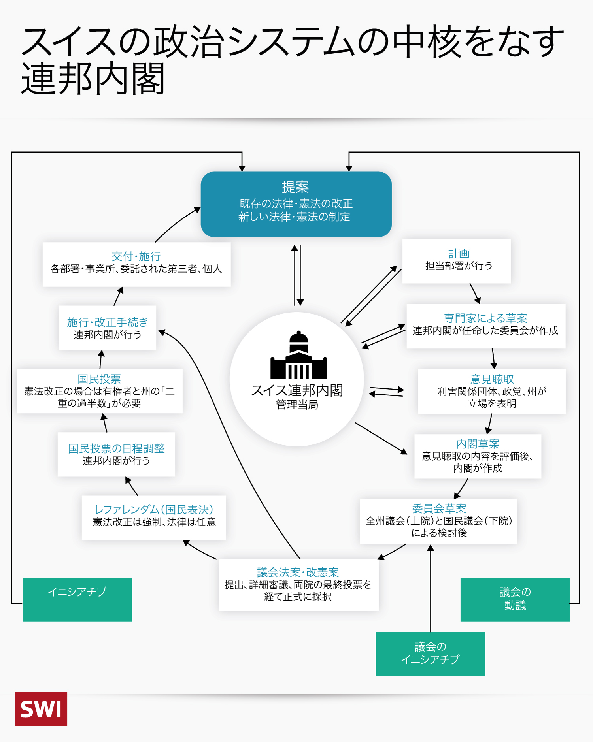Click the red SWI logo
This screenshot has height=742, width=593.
coord(41,709)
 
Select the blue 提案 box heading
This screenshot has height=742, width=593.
coord(295,187)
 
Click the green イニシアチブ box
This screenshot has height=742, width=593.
coord(77,599)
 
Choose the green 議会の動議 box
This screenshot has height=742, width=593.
coord(515,599)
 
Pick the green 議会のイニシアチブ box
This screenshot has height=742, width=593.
coord(430,653)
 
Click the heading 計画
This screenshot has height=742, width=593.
coord(459,253)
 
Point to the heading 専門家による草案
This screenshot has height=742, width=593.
coord(485,318)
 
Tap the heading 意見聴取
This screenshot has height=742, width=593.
coord(492,379)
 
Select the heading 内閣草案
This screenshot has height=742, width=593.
coord(478,444)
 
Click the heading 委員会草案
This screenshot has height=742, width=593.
coord(439,509)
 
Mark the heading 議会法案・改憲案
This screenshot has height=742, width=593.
coord(298,572)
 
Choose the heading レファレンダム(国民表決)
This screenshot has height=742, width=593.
coord(154,510)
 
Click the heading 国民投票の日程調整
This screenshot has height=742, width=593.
coord(116,448)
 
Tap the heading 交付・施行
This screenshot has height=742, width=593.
coord(136,256)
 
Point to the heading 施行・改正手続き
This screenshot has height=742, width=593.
coord(107,322)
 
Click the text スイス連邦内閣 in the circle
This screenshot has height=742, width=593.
coord(297,390)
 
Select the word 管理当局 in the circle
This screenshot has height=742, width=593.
coord(297,405)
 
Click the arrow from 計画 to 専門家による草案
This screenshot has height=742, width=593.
coord(475,293)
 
